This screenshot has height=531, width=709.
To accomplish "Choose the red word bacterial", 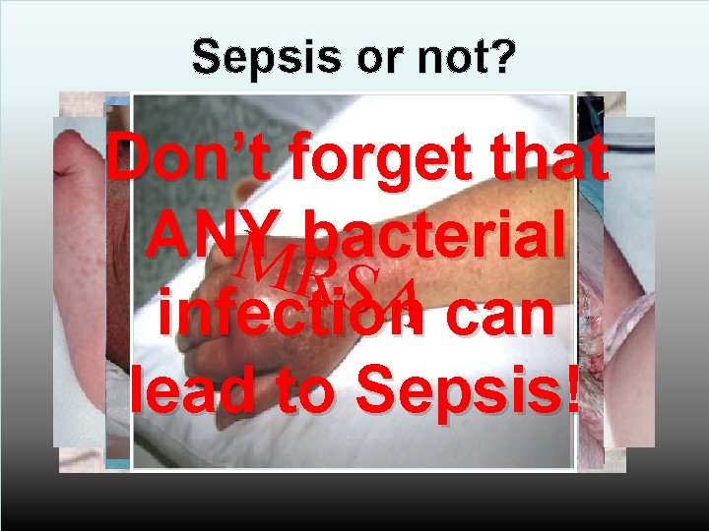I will click(x=430, y=234).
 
